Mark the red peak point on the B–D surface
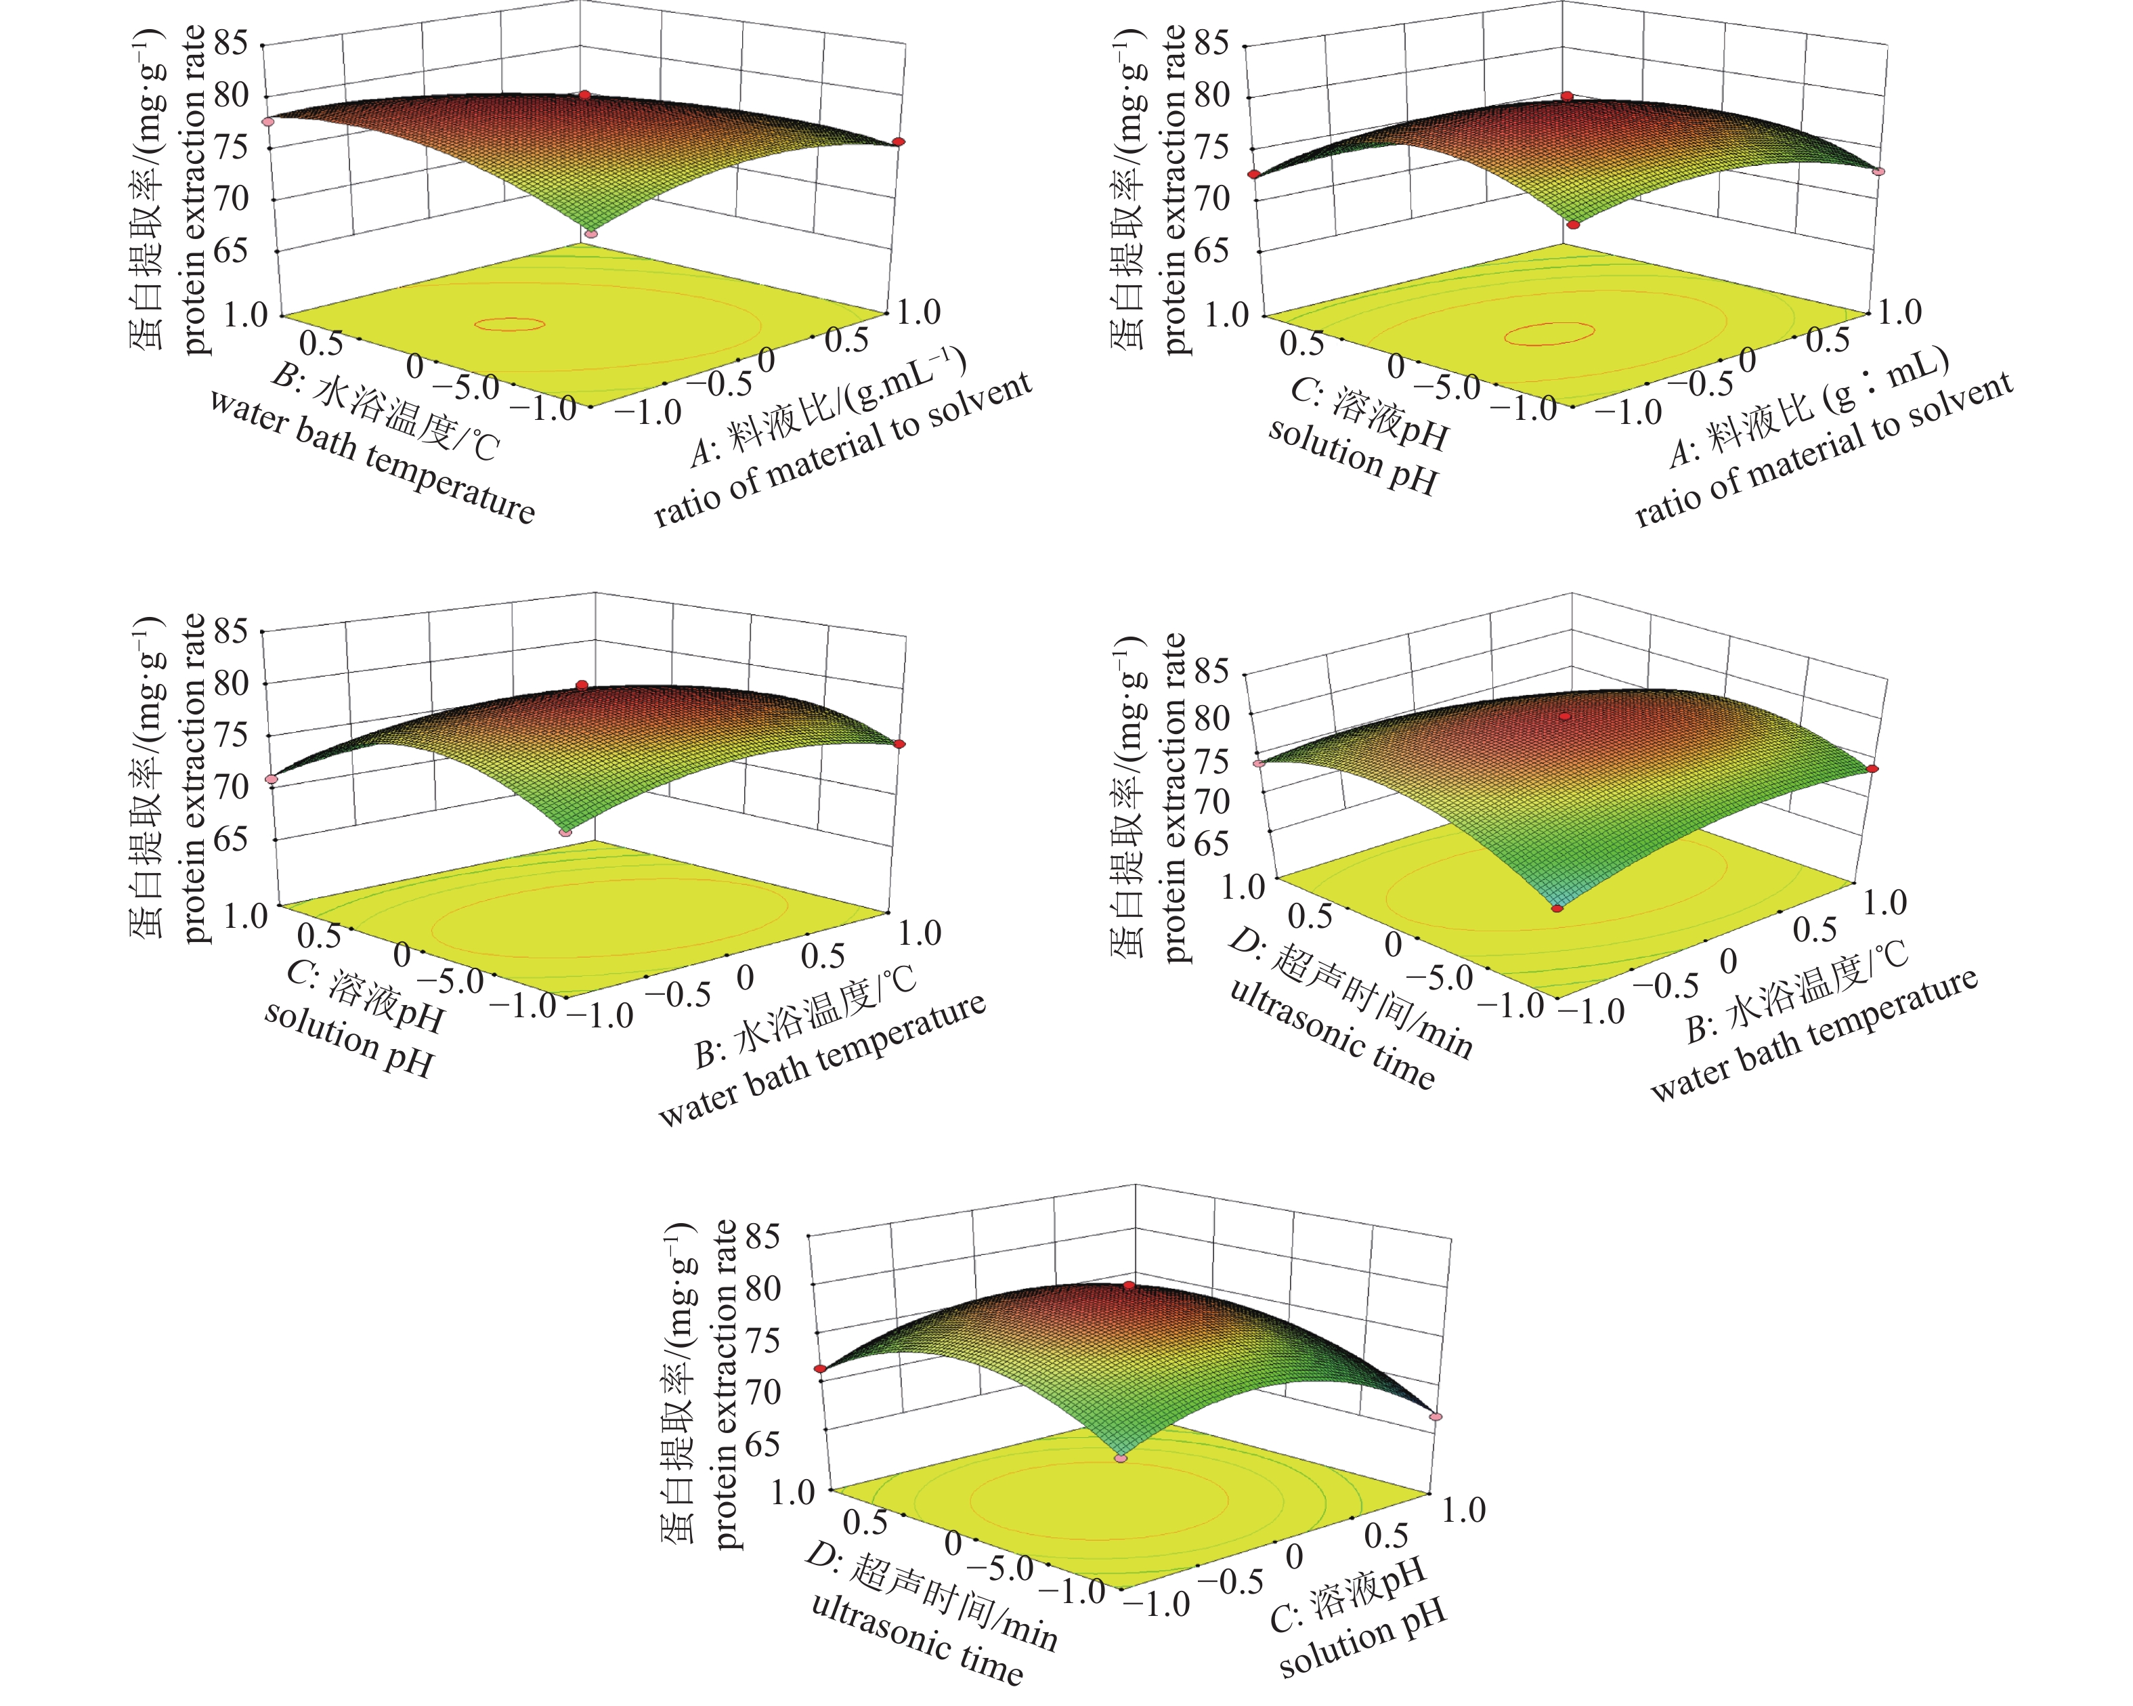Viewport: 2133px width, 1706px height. click(x=1565, y=715)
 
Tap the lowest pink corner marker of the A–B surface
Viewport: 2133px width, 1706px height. click(x=590, y=234)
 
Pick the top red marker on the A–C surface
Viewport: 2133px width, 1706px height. click(x=1567, y=96)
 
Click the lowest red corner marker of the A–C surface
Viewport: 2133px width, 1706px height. click(x=1573, y=225)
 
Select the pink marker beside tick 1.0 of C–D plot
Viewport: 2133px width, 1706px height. click(x=1436, y=1416)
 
